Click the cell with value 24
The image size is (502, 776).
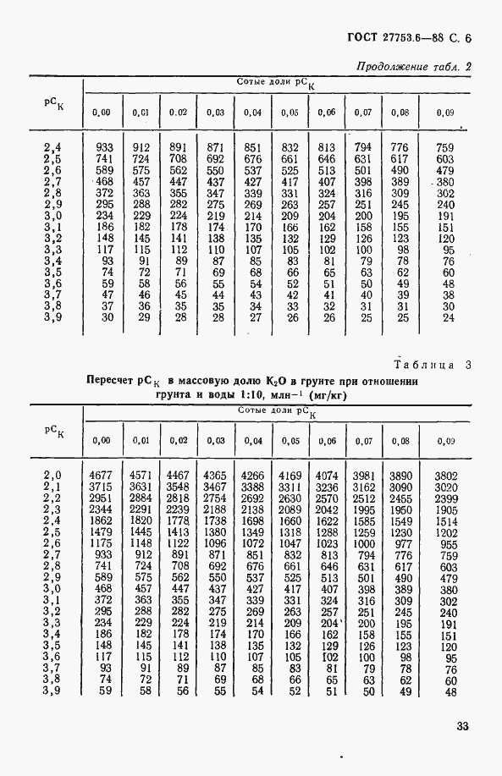(449, 317)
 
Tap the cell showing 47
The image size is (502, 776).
(105, 294)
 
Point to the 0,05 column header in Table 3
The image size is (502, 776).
(290, 441)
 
